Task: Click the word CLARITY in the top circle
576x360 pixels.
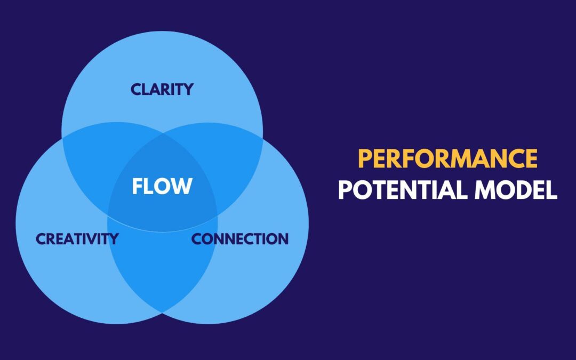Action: (x=162, y=89)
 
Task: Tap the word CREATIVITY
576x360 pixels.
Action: (x=77, y=239)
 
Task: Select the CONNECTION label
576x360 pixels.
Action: (x=240, y=239)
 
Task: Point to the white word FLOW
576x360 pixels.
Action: (x=162, y=186)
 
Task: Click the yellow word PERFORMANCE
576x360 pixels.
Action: (x=448, y=158)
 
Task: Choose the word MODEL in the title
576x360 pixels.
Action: (x=516, y=190)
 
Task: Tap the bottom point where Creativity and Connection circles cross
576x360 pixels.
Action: (x=162, y=313)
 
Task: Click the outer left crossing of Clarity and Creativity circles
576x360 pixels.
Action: (x=62, y=138)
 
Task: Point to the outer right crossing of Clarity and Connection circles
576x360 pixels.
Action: (x=262, y=138)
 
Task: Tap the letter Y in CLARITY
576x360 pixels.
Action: (x=188, y=89)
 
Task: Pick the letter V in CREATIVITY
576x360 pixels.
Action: (x=96, y=239)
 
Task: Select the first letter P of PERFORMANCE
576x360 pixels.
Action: (x=365, y=158)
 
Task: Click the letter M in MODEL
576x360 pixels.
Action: (x=484, y=190)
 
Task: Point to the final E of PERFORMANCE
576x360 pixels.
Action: (x=531, y=158)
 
